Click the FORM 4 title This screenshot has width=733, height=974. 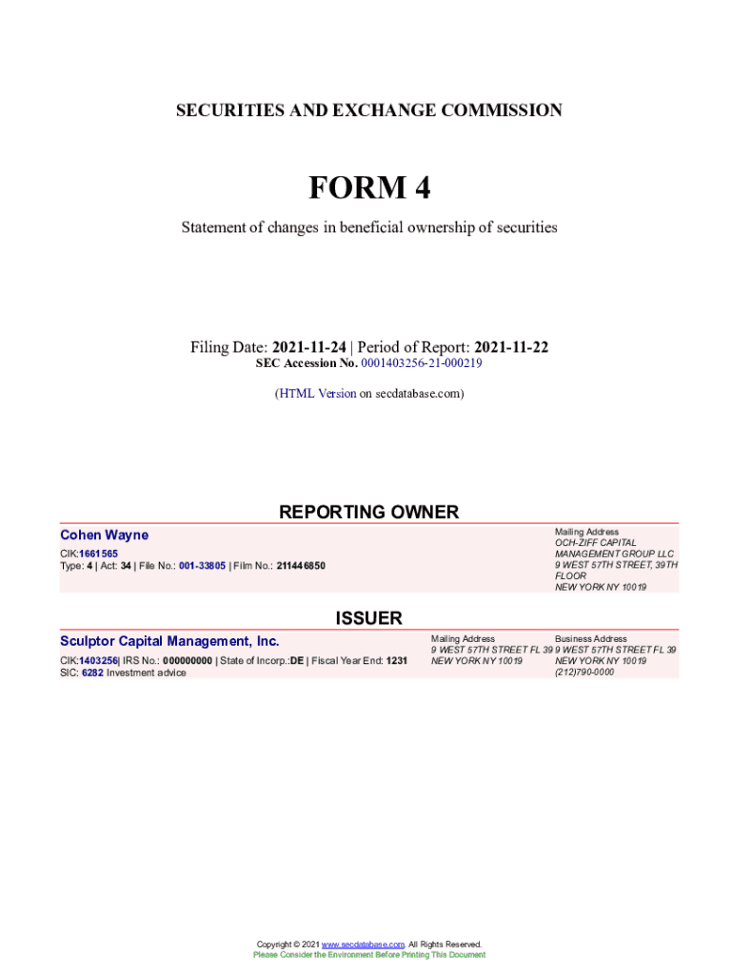click(x=368, y=188)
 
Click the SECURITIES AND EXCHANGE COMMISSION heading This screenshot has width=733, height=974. click(x=368, y=110)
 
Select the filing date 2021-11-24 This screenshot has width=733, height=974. click(x=308, y=348)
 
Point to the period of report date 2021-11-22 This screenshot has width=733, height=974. click(x=511, y=348)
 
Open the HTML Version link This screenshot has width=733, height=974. click(x=317, y=393)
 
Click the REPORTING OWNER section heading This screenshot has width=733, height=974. click(x=368, y=513)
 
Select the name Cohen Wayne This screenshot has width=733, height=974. click(x=104, y=536)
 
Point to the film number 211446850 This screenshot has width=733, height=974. click(x=301, y=566)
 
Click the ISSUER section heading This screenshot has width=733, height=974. click(x=368, y=619)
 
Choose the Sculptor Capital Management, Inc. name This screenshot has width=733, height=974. click(x=169, y=641)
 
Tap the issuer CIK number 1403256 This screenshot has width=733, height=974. click(x=99, y=660)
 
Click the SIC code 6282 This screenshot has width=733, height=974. click(x=92, y=672)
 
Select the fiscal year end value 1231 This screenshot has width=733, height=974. click(x=397, y=660)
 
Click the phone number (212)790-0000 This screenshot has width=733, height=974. click(x=584, y=672)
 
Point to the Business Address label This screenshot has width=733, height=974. click(x=591, y=639)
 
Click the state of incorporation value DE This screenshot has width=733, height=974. click(x=297, y=660)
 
